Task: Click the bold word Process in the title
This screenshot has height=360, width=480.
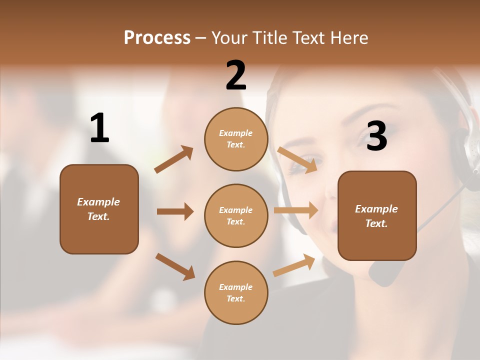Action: (157, 38)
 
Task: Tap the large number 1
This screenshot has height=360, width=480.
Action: (99, 128)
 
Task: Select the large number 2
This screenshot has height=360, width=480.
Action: (236, 76)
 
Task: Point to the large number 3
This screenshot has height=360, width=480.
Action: (376, 136)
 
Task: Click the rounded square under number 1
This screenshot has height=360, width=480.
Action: (99, 209)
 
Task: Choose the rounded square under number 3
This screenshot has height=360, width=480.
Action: (377, 215)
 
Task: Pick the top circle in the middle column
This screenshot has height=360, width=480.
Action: (236, 139)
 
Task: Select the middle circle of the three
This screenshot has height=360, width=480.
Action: (236, 215)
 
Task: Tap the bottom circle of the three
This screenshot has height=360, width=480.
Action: (236, 292)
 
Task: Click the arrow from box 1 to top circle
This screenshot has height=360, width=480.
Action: (174, 159)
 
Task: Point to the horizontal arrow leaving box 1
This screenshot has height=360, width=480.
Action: (175, 211)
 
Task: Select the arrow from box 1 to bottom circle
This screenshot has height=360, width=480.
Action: (175, 266)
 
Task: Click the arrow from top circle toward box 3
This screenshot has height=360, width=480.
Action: (297, 159)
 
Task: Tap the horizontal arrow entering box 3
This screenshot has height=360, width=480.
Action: (296, 210)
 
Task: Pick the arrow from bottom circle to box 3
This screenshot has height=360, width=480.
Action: (294, 265)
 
